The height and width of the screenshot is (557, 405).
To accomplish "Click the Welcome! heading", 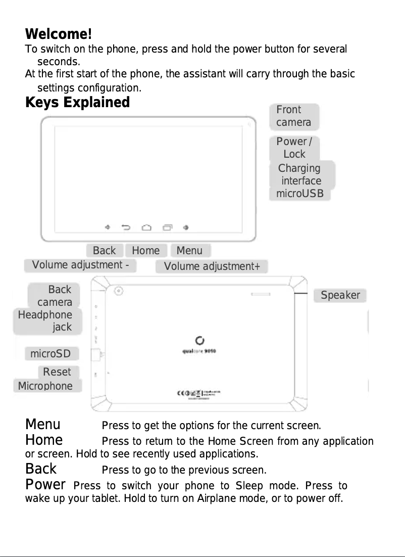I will (59, 35).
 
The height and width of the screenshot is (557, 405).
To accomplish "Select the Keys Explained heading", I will (77, 103).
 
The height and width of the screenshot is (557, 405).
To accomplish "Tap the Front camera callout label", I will (294, 116).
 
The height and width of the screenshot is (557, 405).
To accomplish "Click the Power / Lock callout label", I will (294, 148).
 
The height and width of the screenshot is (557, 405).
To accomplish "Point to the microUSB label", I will (300, 194).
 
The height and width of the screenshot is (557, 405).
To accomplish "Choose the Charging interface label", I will (300, 174).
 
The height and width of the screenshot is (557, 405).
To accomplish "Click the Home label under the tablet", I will (146, 251).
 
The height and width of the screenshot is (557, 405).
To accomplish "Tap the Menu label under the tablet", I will (189, 251).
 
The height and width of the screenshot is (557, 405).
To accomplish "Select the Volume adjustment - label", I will (80, 265).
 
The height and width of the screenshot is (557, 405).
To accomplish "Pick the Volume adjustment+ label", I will (212, 266).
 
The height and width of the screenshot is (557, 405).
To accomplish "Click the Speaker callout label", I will (340, 296).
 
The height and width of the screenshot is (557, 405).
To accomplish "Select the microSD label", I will (51, 353).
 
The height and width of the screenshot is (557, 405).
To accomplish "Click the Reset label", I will (58, 373).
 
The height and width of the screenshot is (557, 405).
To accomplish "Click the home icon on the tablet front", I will (146, 227).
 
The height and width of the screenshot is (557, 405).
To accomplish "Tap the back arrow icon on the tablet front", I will (126, 227).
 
